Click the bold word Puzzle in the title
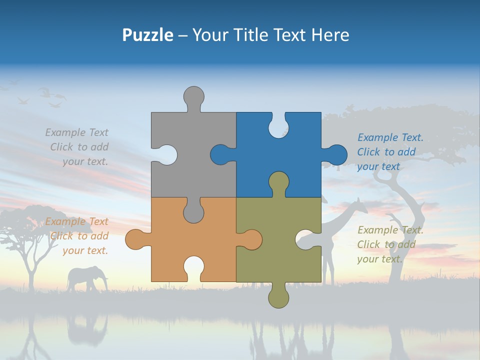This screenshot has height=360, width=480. point(147,35)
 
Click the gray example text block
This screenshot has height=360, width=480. point(78,147)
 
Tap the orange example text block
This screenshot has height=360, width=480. point(78,236)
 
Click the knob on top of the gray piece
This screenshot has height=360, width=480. point(194,98)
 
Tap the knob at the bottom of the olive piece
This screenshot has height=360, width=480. point(278,297)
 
